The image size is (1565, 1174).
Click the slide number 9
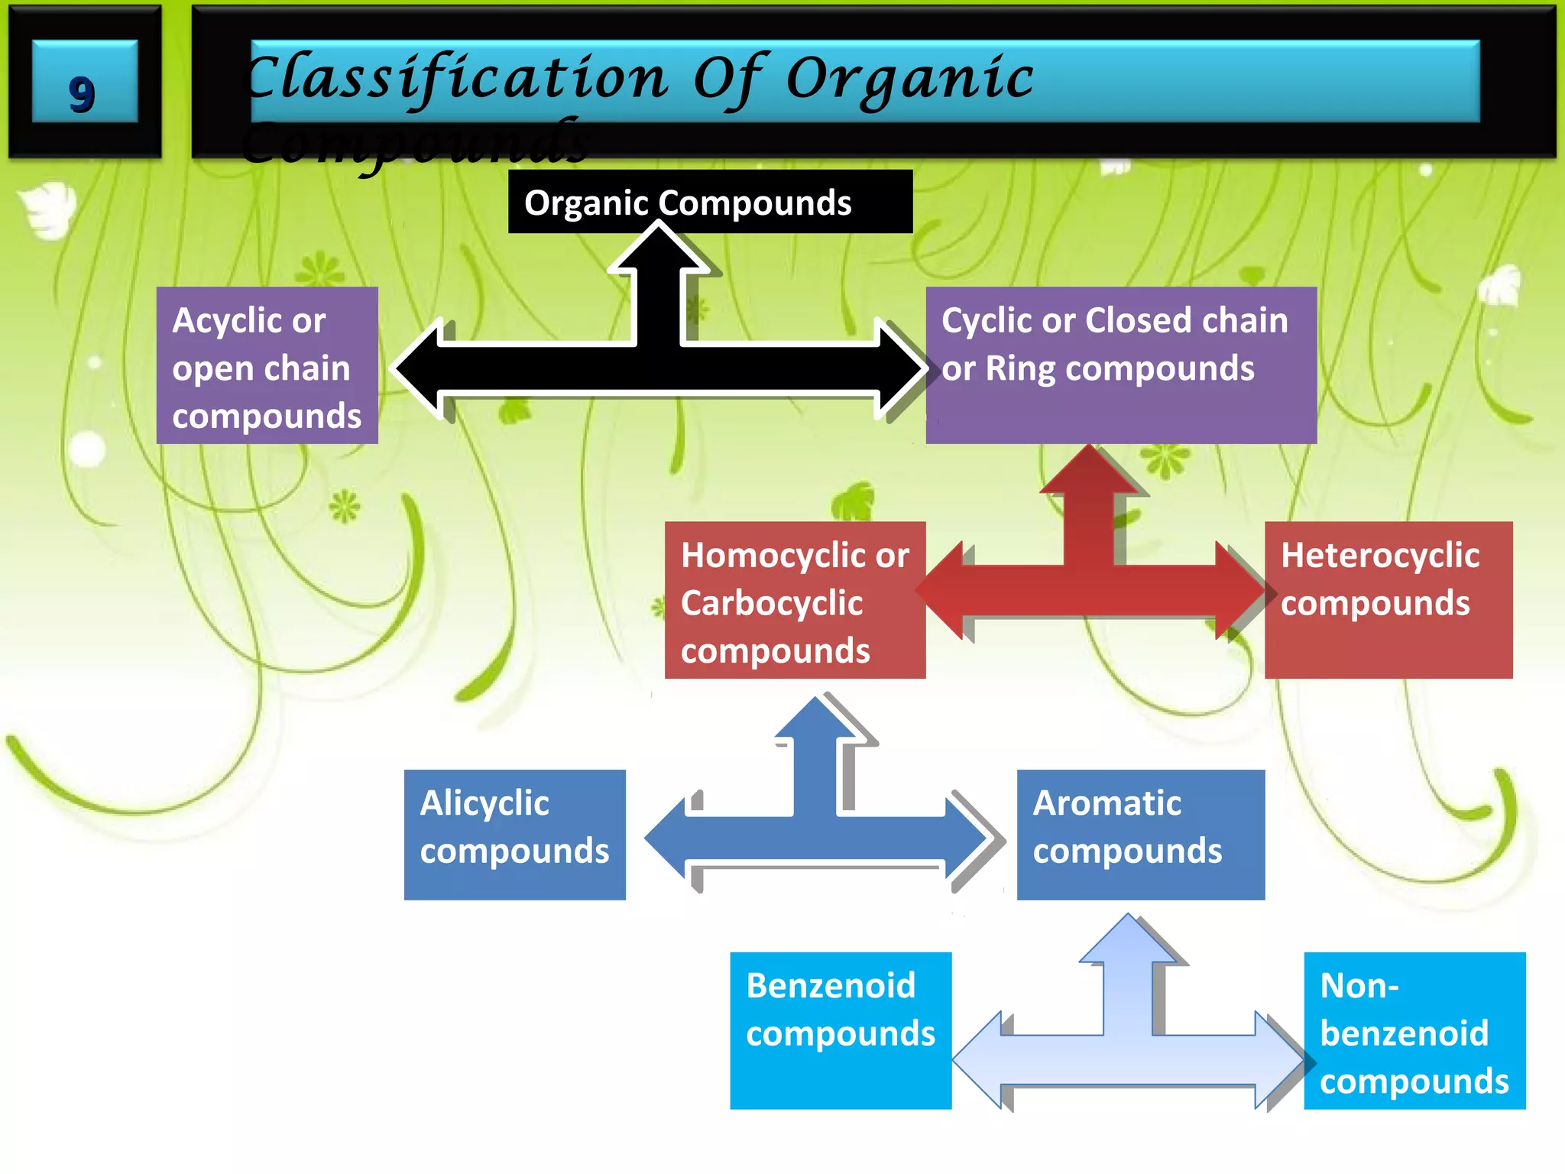click(82, 95)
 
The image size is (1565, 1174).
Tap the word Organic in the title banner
click(909, 79)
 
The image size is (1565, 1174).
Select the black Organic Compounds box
click(710, 203)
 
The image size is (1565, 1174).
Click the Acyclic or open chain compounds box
click(267, 365)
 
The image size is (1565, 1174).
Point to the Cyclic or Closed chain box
click(1120, 365)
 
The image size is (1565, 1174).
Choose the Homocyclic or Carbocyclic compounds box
click(795, 601)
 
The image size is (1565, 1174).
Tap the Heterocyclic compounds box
click(1388, 601)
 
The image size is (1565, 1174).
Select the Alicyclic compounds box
click(514, 835)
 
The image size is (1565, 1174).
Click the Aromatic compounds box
click(1140, 835)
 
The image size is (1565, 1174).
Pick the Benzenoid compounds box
click(840, 1030)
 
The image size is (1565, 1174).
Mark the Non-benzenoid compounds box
click(1414, 1030)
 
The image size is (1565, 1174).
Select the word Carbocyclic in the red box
click(772, 604)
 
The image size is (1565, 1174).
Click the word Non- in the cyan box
click(1359, 986)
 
